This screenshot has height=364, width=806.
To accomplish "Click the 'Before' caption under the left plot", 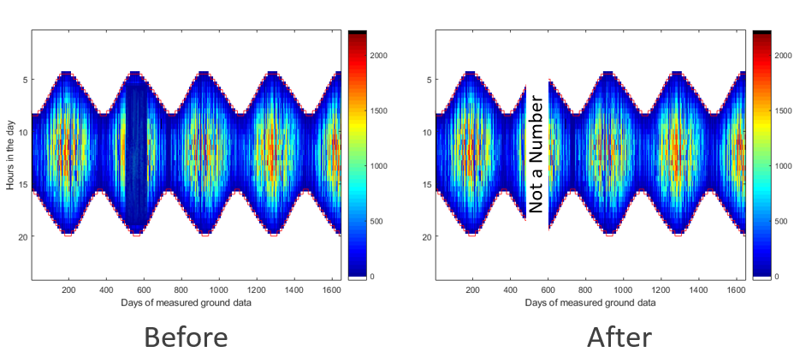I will click(x=186, y=337).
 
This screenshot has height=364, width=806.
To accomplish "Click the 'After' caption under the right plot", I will click(x=620, y=337).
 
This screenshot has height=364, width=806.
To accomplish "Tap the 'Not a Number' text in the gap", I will click(x=536, y=154).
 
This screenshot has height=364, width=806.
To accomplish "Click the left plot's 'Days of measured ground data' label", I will click(x=187, y=302).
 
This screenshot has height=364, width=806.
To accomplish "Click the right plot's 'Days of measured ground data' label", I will click(x=590, y=302).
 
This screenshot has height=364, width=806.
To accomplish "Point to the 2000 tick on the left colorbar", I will click(x=379, y=55).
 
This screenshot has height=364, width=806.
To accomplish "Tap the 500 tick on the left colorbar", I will click(x=376, y=221).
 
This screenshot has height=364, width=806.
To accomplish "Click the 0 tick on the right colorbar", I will click(x=775, y=277).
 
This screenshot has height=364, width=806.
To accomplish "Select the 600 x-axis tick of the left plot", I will click(x=145, y=290).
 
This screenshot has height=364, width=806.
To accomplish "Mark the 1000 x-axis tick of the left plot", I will click(x=219, y=290).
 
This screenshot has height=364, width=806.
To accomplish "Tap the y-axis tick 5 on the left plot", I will click(x=24, y=81).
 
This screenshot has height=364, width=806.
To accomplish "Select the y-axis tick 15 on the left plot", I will click(x=22, y=184).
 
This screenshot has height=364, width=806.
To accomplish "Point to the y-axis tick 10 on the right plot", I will click(x=427, y=133).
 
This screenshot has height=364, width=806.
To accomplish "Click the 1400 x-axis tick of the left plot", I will click(x=295, y=290).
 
